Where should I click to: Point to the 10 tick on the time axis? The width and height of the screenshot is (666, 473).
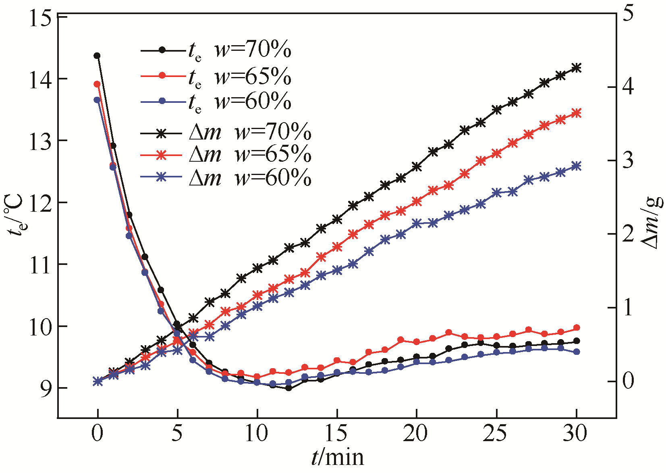pos(257,434)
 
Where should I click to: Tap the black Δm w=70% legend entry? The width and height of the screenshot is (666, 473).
pos(226,132)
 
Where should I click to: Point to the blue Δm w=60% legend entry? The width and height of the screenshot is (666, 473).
pos(226,177)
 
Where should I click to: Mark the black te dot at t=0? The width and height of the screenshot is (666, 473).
pos(97,56)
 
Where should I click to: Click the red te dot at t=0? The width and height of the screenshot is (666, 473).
pos(97,84)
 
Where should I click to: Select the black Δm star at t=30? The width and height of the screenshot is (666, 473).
pos(577,68)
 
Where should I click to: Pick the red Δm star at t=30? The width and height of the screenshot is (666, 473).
pos(577,113)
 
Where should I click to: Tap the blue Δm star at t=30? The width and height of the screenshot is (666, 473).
pos(577,166)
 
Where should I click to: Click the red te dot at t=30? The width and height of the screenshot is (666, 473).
pos(577,328)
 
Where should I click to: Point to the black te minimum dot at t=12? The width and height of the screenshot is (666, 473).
pos(288,388)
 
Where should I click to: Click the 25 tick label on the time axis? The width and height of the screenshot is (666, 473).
pos(496,434)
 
